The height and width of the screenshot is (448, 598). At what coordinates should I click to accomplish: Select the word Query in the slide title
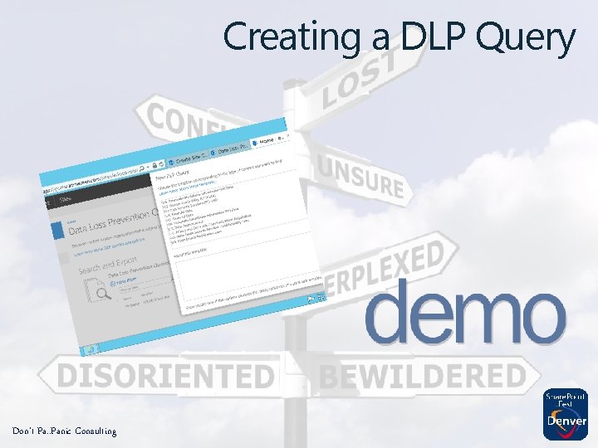click(527, 39)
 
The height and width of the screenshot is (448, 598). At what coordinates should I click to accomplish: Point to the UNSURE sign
click(361, 175)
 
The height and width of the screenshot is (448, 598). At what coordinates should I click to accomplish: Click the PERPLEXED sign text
click(390, 265)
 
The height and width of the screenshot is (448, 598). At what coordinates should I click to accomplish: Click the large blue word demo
click(464, 311)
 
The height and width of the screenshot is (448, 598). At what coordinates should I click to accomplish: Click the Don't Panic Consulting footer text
click(64, 431)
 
